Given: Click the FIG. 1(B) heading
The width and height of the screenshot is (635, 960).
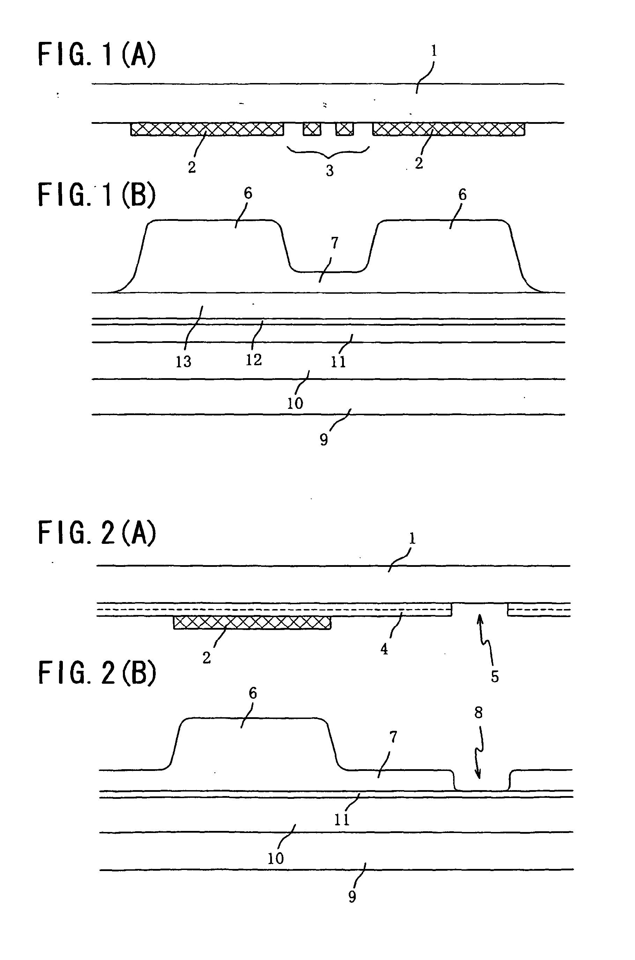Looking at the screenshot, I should pos(97,195).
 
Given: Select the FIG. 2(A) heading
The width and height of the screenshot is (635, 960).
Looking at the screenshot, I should pos(97,532).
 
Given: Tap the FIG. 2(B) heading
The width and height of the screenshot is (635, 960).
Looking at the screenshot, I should pos(97,673).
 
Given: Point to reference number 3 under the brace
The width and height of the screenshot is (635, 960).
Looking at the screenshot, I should pos(330,171).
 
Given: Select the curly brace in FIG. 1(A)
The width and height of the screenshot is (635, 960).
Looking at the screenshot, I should pos(328,152).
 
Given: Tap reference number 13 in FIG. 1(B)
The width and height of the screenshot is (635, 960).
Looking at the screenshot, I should pos(184,362).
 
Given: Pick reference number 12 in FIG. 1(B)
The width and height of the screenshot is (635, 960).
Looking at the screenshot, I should pos(254,360).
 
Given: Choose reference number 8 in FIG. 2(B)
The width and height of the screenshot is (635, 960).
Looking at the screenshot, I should pos(479,712).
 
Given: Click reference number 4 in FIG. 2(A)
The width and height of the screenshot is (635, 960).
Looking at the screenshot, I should pos(384,649).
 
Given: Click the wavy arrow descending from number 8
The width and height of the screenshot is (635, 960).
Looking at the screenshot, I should pos(480,753).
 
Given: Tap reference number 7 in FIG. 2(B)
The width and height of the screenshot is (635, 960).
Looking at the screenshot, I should pos(393,737).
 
